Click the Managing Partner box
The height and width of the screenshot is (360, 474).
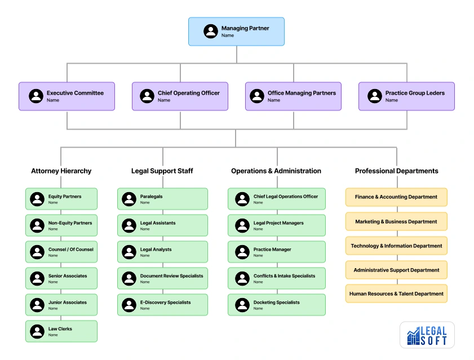pos(236,32)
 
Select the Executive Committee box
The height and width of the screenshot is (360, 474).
pos(67,96)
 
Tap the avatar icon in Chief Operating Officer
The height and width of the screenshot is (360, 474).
pos(147,96)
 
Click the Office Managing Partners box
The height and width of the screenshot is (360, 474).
pos(293,96)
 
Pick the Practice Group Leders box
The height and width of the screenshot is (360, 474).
pos(406,96)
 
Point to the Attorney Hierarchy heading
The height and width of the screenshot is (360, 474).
pos(61,171)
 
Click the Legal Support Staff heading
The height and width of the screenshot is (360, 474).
pos(163,171)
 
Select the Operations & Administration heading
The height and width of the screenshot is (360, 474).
pos(276,171)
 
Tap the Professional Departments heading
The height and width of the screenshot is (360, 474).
pos(396,171)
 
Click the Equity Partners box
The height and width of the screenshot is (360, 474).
pos(61,199)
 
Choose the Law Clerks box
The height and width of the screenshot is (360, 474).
pos(61,331)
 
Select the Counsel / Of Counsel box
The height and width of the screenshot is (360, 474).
pos(61,252)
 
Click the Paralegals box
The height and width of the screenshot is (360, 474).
pos(163,199)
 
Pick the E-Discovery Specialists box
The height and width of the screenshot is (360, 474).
pos(163,305)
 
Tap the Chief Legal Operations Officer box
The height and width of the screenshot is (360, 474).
pos(277,199)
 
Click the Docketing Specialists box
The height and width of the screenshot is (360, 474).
pos(277,305)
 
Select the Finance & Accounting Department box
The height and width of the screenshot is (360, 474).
pos(396,197)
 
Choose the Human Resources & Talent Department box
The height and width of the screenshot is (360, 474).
pos(396,294)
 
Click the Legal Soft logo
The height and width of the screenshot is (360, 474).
pos(427,335)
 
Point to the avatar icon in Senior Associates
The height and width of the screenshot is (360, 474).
pos(37,278)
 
